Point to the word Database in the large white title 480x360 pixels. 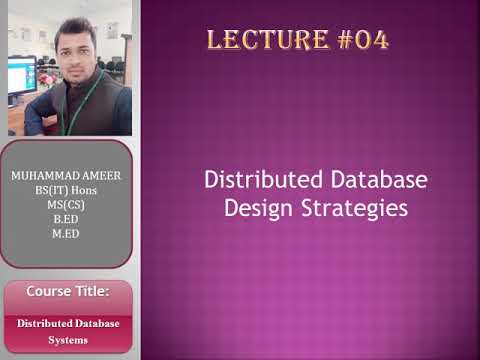pyautogui.click(x=376, y=181)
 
